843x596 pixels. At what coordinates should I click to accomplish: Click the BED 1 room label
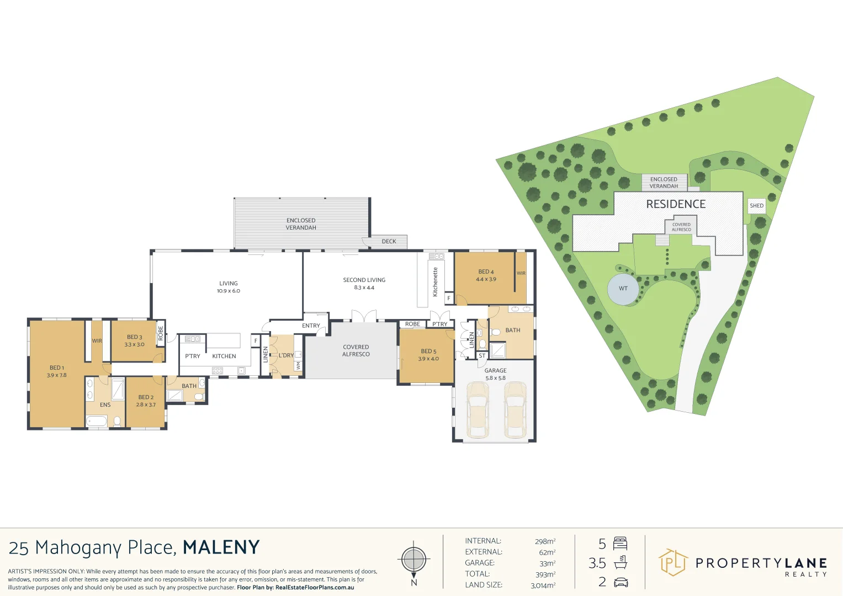(57, 371)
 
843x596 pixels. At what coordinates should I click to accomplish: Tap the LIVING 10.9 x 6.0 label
(229, 287)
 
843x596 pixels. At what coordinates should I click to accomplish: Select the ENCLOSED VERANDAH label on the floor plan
(301, 224)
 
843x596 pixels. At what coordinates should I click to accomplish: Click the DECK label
(389, 242)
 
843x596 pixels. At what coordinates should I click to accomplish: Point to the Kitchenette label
(435, 282)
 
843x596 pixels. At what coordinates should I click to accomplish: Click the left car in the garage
(477, 409)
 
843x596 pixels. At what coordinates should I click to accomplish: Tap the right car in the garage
(515, 409)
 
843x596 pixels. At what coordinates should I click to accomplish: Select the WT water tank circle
(623, 289)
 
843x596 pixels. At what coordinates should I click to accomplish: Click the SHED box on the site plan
(756, 206)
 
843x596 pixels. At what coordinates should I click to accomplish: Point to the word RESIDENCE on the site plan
(676, 204)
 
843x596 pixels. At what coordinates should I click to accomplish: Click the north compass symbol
(413, 560)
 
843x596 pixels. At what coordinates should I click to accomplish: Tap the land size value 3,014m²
(543, 585)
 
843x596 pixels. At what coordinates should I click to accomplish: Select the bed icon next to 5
(621, 544)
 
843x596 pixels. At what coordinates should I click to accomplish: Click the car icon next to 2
(621, 582)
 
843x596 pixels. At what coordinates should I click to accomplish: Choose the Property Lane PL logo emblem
(672, 562)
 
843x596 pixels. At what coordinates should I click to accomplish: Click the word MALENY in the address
(221, 547)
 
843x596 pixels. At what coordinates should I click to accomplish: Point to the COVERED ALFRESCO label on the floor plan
(356, 351)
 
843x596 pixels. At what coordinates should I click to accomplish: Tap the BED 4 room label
(486, 275)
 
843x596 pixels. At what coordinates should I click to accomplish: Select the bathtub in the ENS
(97, 422)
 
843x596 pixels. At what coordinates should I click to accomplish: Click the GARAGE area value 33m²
(547, 563)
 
